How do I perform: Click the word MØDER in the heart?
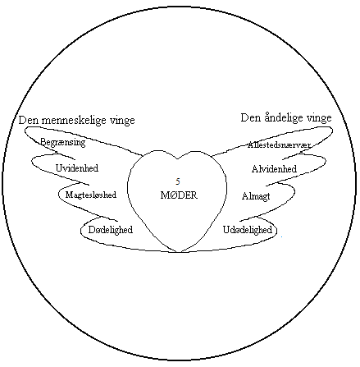tap(179, 195)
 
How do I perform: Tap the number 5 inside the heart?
tap(178, 181)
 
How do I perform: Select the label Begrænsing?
tap(63, 142)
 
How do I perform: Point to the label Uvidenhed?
tap(77, 167)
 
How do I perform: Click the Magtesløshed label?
tap(91, 195)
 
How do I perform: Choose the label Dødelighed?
tap(111, 229)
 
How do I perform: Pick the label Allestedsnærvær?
tap(279, 145)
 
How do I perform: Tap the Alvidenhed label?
tap(274, 169)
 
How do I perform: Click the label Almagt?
tap(256, 196)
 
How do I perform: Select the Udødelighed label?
tap(248, 229)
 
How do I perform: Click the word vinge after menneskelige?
tap(122, 121)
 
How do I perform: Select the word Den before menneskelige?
tap(28, 120)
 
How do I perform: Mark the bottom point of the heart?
tap(178, 252)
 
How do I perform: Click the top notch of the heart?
tap(177, 158)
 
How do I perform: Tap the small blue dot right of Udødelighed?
tap(281, 236)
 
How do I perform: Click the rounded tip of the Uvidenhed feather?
tap(32, 162)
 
